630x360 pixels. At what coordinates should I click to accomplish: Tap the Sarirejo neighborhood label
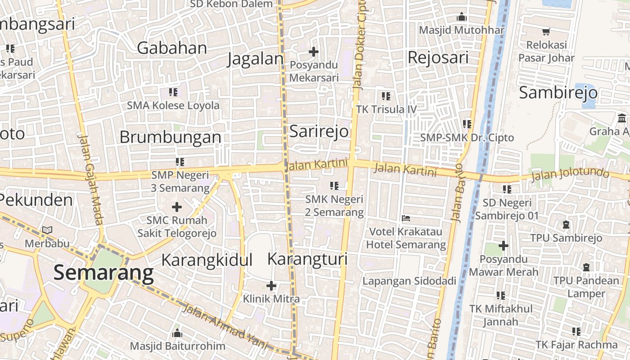[319, 131]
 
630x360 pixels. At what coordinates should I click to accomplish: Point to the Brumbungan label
[171, 137]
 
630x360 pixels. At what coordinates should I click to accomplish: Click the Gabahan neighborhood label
[172, 48]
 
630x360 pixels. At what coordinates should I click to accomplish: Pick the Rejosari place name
[438, 58]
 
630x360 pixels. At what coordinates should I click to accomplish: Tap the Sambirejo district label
[558, 93]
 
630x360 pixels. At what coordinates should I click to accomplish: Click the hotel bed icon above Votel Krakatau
[406, 219]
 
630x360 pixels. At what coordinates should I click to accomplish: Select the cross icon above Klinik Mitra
[271, 286]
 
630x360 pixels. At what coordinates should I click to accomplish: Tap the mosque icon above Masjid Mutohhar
[462, 18]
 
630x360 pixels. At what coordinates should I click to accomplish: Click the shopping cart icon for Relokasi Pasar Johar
[546, 32]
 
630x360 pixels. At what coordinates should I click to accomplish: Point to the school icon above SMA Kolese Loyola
[173, 92]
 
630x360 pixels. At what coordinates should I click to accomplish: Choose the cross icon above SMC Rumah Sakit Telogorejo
[177, 207]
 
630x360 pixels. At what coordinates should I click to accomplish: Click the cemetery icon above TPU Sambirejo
[566, 224]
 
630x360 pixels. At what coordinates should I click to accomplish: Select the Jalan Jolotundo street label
[570, 175]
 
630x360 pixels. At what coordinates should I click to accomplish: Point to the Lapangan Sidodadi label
[409, 281]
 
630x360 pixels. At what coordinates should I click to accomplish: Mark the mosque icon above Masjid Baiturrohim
[177, 333]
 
